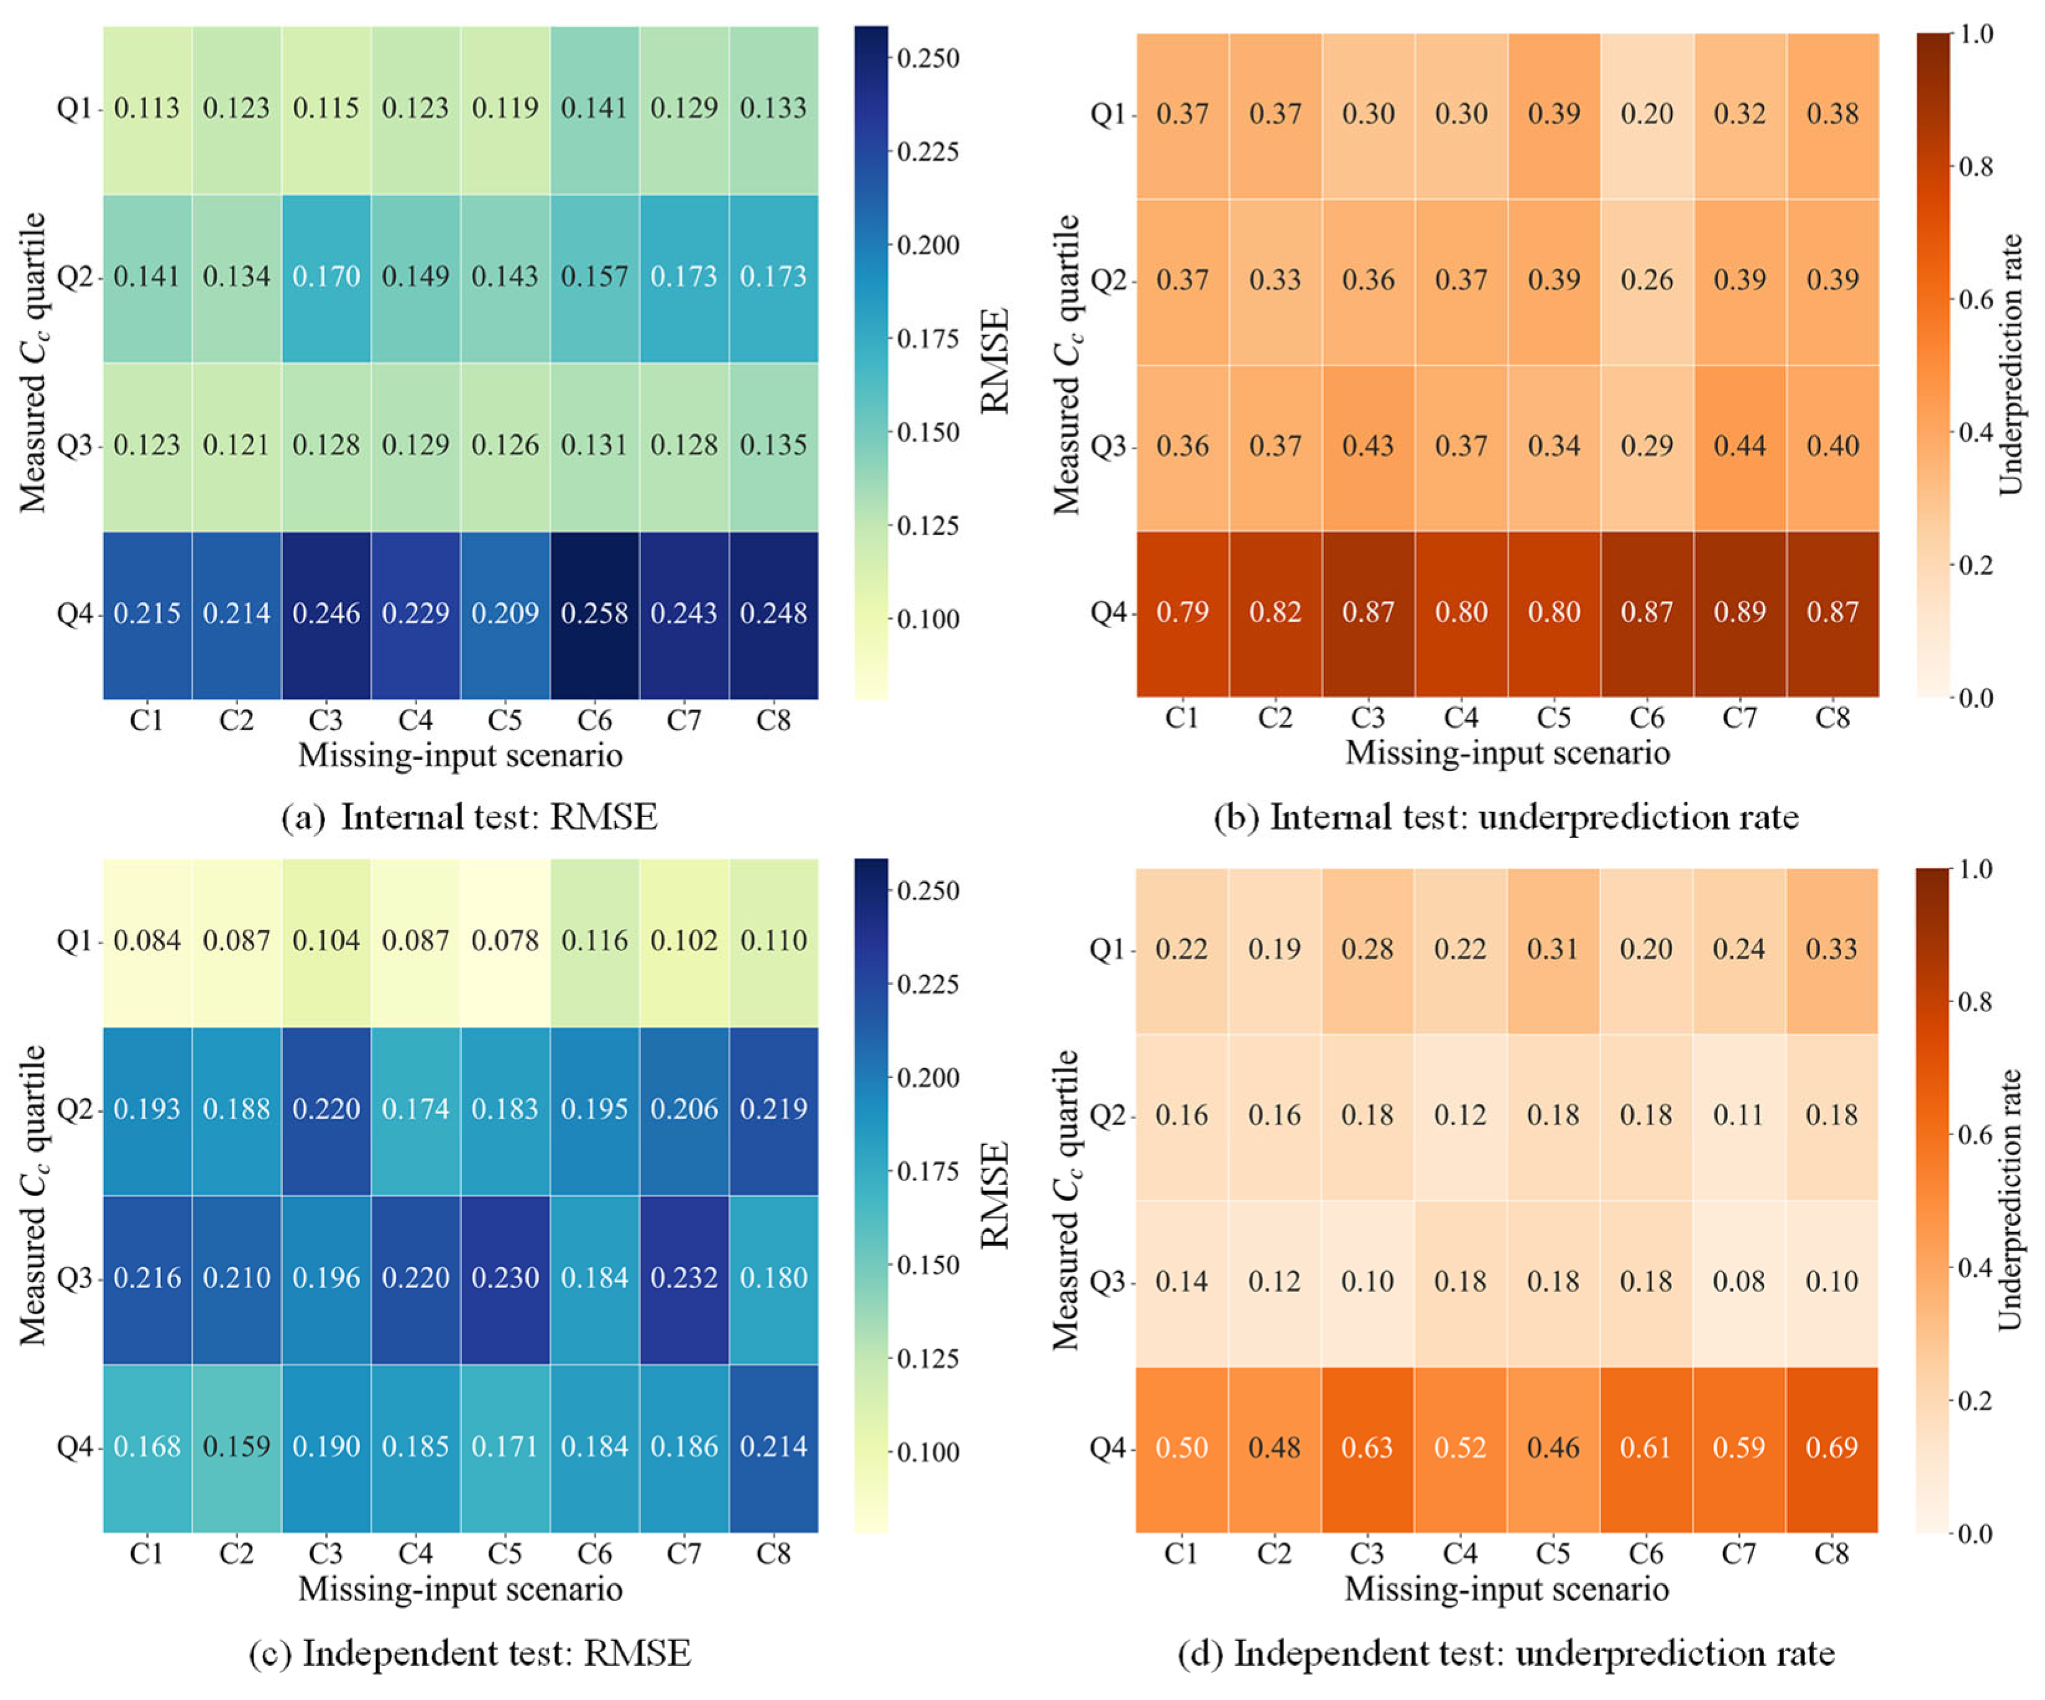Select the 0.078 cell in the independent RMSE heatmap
505,941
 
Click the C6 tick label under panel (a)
594,721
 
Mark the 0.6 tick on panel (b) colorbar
1975,299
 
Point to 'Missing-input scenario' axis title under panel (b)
1507,752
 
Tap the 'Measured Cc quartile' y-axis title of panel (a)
33,362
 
